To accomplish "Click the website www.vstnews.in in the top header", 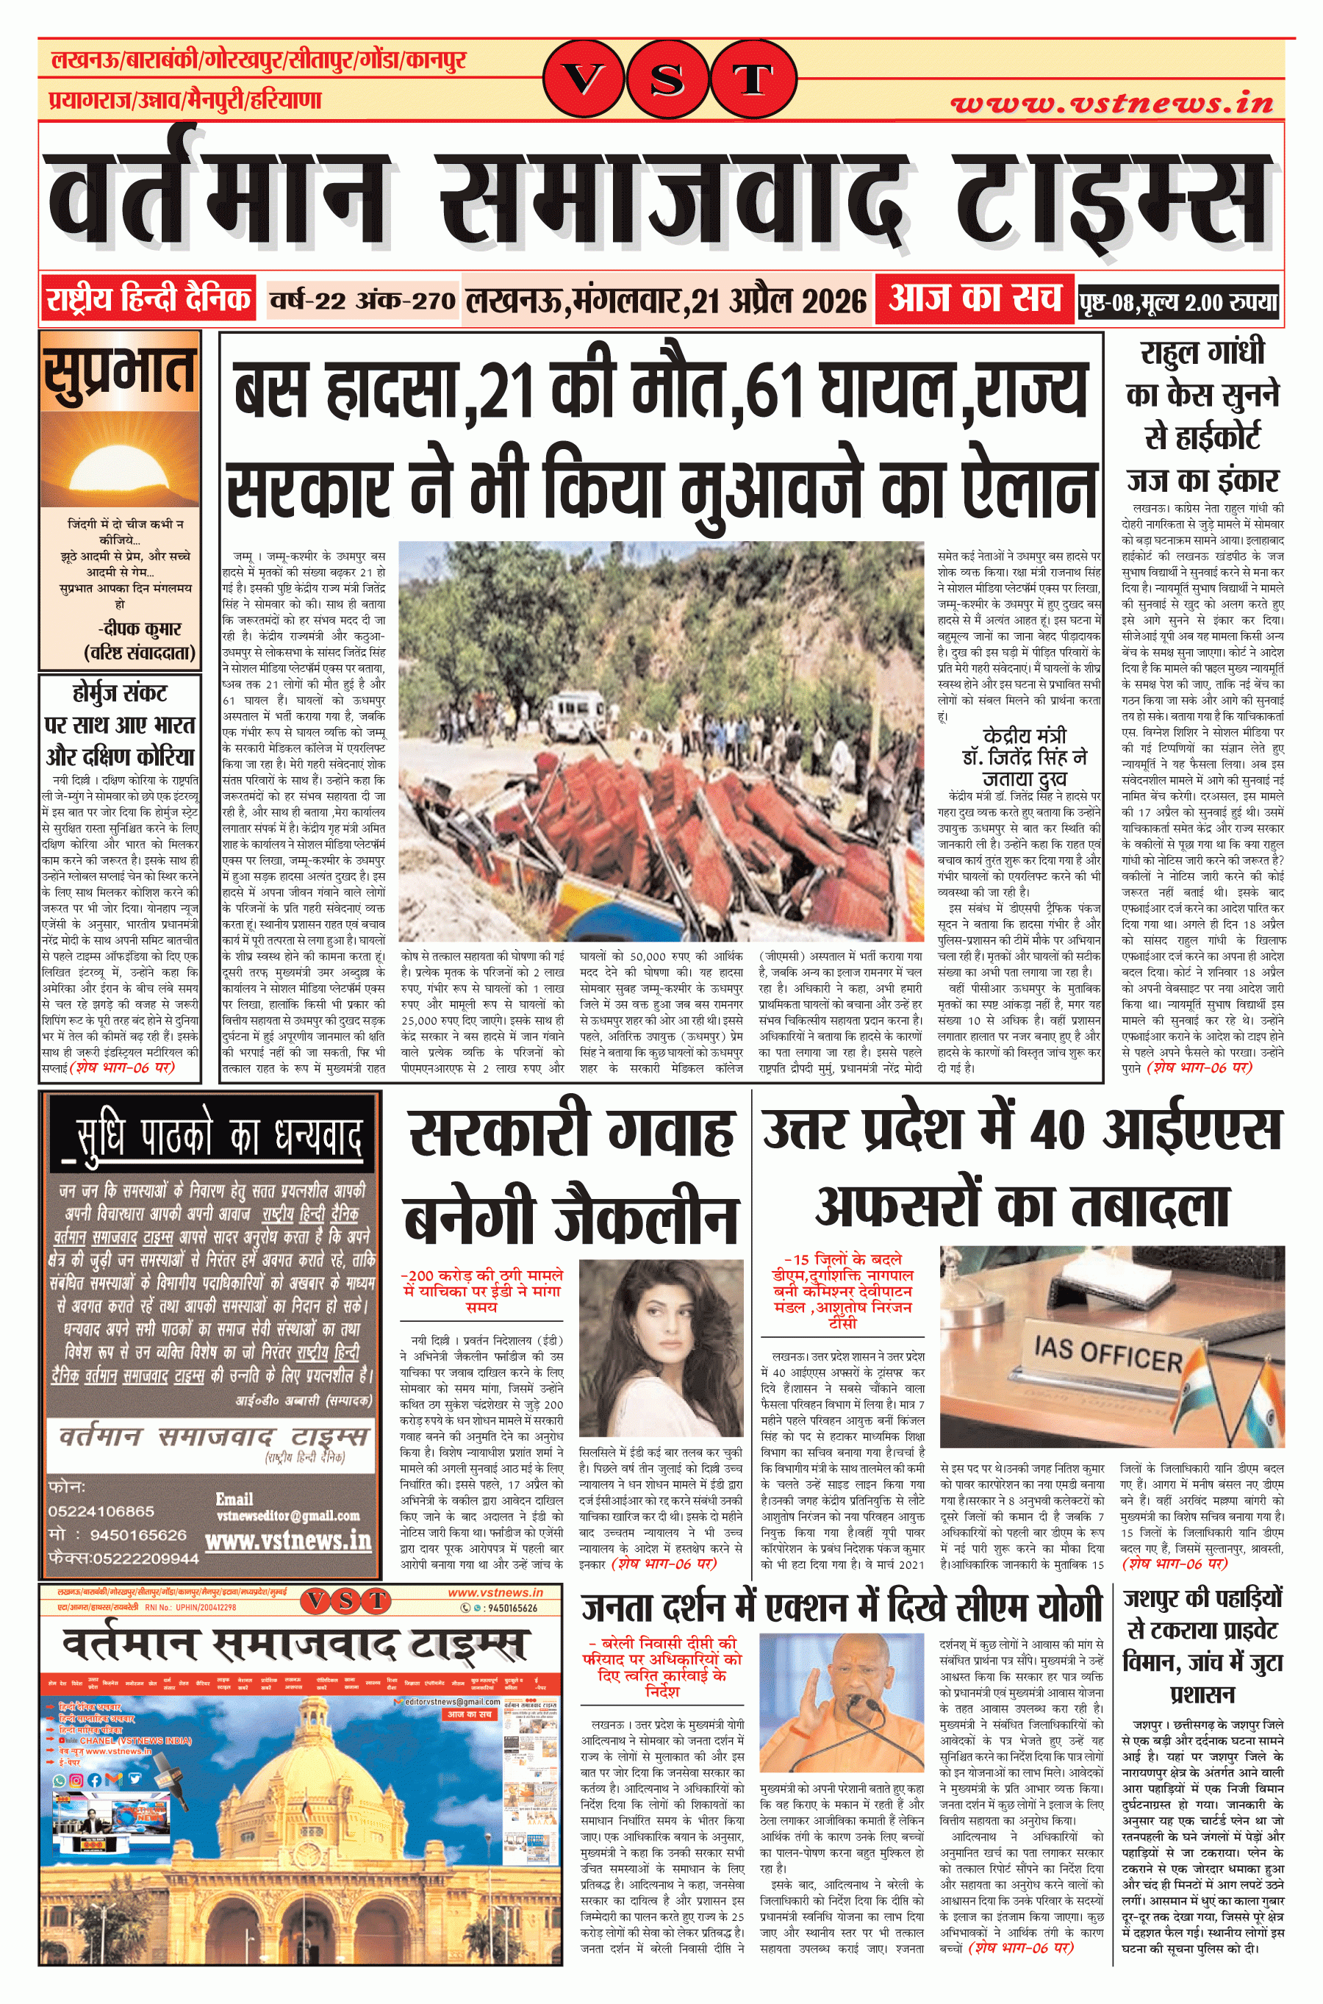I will click(1111, 103).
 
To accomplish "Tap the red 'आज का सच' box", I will click(974, 298).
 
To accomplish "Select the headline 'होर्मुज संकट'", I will click(119, 693).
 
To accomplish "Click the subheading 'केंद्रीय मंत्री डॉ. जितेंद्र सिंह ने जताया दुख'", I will click(1025, 756).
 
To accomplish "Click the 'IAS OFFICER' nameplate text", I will click(1107, 1354).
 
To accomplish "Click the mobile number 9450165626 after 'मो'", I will click(137, 1534).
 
